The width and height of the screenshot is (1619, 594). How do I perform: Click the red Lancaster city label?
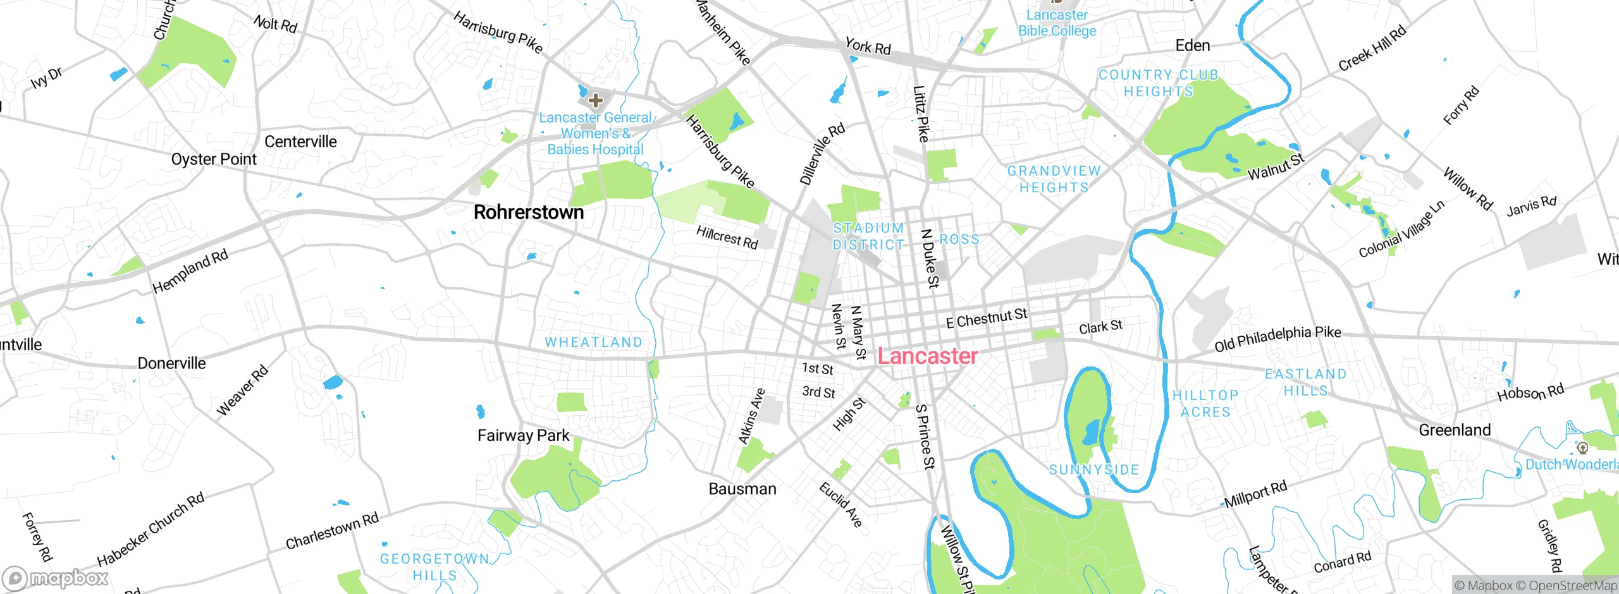click(x=927, y=356)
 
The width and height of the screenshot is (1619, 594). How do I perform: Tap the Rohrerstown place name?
click(x=529, y=212)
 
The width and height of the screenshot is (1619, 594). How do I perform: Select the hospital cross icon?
click(x=595, y=100)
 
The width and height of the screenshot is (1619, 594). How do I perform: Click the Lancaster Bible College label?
click(x=1057, y=23)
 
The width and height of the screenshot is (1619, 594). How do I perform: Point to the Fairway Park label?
click(x=523, y=435)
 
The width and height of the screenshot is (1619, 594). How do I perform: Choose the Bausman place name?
click(x=742, y=488)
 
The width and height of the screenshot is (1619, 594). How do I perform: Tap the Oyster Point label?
click(x=214, y=159)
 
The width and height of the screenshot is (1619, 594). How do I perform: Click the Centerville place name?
click(x=300, y=142)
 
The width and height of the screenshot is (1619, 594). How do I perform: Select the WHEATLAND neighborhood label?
click(x=593, y=342)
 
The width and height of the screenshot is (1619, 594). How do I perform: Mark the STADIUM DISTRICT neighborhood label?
click(x=868, y=236)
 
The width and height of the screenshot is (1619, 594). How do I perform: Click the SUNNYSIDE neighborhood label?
click(x=1094, y=470)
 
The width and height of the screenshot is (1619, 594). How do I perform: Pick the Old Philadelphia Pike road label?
click(x=1277, y=339)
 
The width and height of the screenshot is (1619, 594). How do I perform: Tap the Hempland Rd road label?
click(x=190, y=271)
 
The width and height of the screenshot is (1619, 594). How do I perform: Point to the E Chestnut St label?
click(x=986, y=318)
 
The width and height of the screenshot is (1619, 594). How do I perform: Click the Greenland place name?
click(x=1455, y=430)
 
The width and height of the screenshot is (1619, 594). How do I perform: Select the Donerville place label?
click(x=171, y=363)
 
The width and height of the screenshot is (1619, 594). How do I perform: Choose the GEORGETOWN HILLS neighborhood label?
click(x=434, y=567)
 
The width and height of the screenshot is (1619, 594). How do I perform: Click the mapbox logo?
click(x=56, y=578)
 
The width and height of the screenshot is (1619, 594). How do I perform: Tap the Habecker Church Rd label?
click(x=151, y=530)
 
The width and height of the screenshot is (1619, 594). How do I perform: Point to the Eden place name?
click(x=1192, y=45)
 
